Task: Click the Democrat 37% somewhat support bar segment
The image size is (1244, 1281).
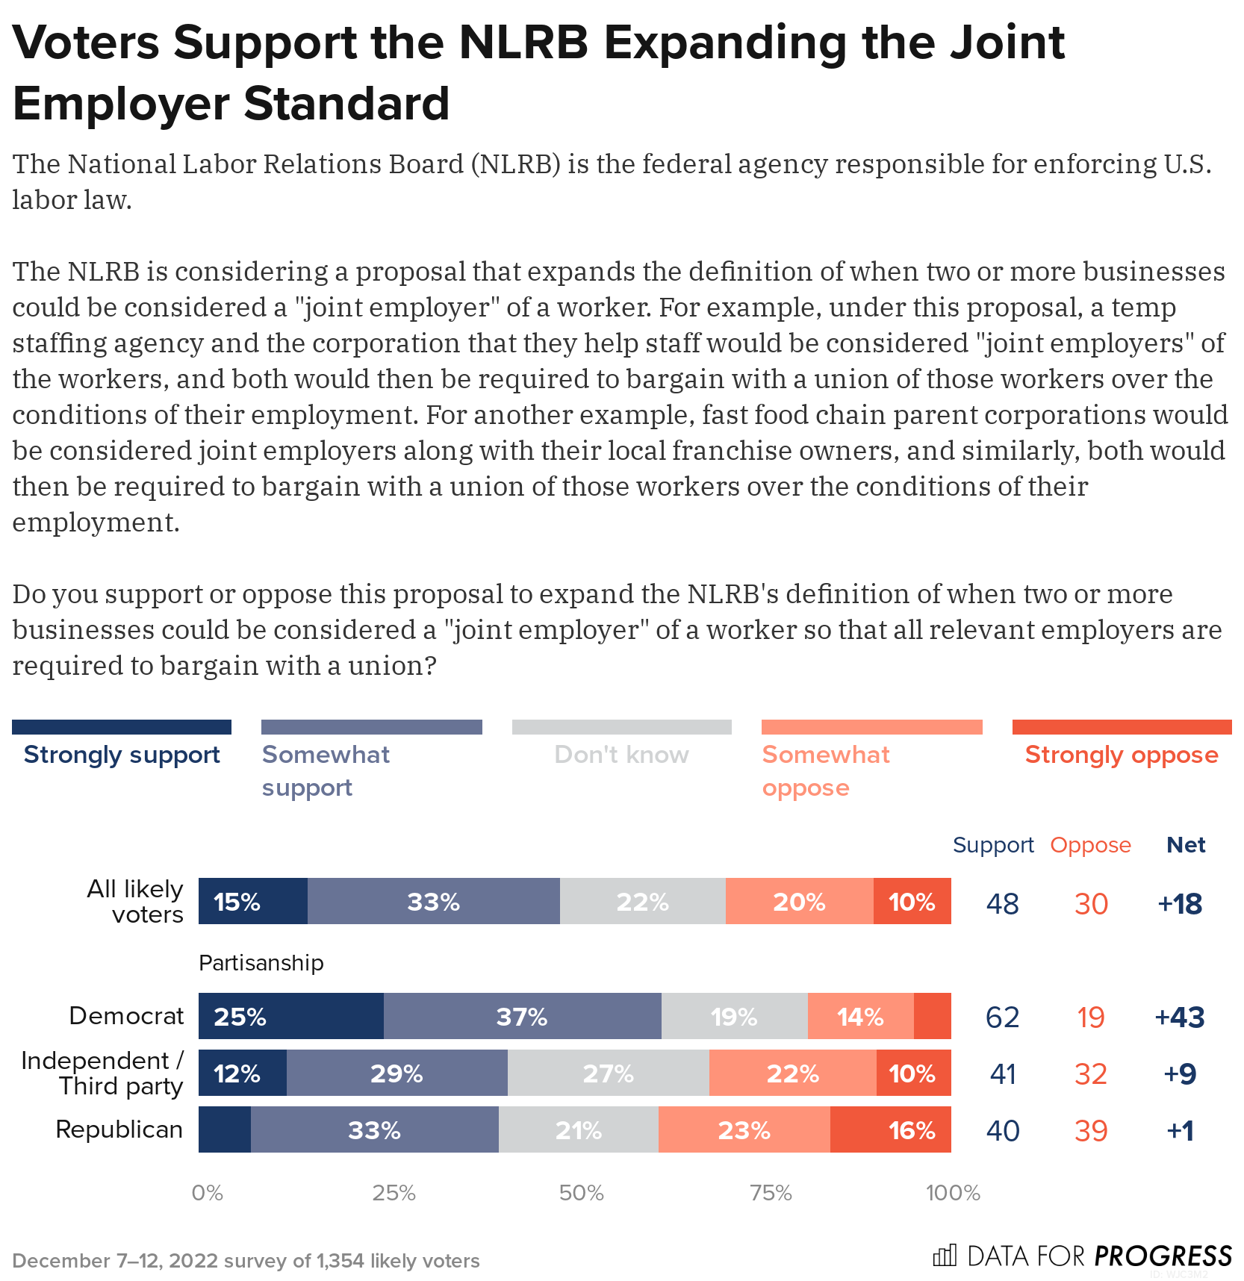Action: coord(522,1016)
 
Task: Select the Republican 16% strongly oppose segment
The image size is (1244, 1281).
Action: coord(890,1129)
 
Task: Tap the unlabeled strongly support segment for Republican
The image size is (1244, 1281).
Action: coord(224,1129)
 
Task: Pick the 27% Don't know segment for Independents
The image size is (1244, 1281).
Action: coord(608,1073)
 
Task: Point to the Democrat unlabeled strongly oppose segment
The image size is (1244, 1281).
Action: coord(932,1016)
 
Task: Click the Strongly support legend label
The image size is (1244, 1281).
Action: coord(122,755)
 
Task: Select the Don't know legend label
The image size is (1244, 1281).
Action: coord(621,755)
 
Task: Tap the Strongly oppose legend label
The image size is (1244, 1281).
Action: coord(1122,755)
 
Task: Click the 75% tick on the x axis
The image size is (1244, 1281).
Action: coord(771,1193)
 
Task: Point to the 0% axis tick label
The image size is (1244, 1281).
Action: coord(208,1193)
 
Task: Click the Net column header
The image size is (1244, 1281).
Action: coord(1186,845)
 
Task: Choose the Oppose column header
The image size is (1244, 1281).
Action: coord(1090,845)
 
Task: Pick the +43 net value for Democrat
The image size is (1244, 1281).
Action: coord(1179,1017)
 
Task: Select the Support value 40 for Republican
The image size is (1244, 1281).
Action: coord(1002,1131)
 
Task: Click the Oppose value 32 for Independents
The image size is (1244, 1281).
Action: coord(1090,1074)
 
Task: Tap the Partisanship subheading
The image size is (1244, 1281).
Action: coord(261,963)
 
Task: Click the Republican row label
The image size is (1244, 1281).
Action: coord(119,1129)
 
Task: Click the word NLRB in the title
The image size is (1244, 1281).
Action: coord(523,43)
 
